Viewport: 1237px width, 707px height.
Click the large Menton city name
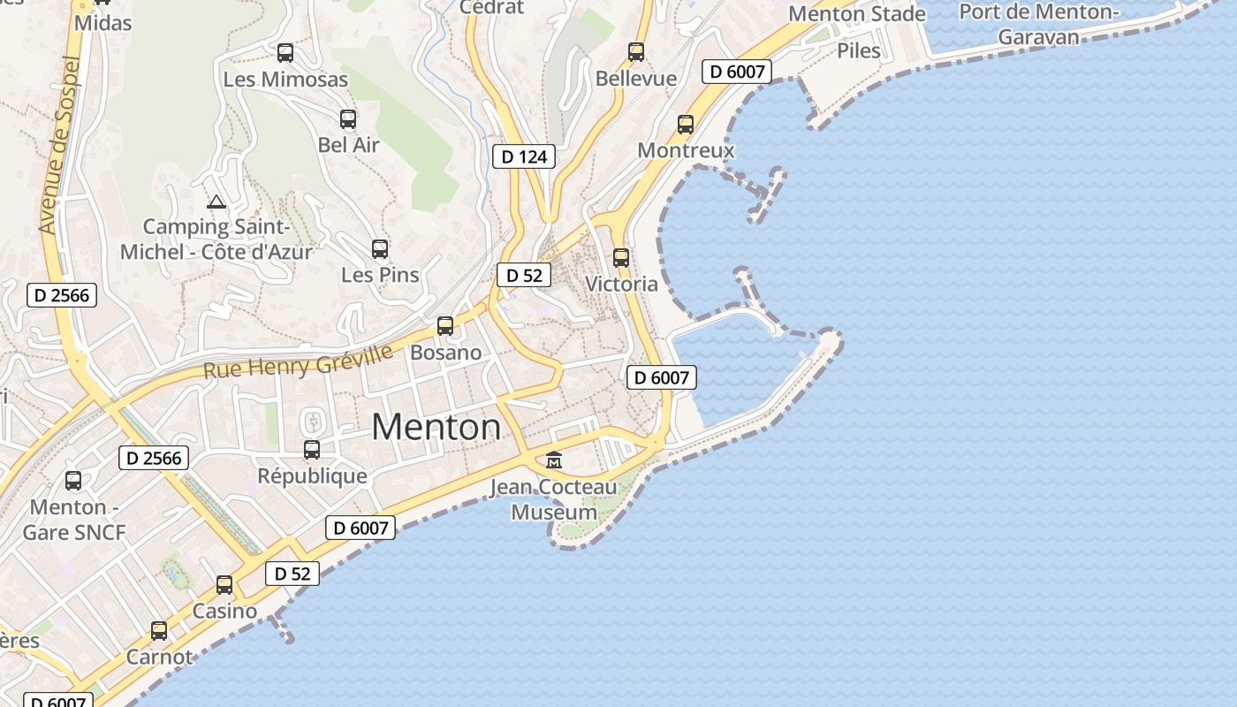click(436, 428)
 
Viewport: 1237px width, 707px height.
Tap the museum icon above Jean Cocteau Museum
click(554, 460)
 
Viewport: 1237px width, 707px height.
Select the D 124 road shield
click(524, 156)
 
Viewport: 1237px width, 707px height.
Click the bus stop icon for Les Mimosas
click(285, 53)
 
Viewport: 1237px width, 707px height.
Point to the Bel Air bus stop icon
click(348, 119)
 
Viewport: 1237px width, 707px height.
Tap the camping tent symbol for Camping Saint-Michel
click(216, 202)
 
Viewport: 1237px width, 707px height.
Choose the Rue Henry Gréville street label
click(298, 361)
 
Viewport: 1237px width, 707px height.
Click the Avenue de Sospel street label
click(60, 146)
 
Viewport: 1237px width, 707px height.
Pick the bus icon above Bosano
click(445, 326)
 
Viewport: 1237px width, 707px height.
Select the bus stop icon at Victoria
click(621, 258)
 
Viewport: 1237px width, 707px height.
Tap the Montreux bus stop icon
click(686, 125)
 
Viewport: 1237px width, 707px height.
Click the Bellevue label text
click(636, 79)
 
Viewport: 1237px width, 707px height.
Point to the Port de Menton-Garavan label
click(1039, 24)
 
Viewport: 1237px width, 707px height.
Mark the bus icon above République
click(312, 450)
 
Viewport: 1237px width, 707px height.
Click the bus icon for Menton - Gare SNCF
click(73, 481)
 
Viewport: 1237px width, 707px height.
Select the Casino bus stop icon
click(224, 585)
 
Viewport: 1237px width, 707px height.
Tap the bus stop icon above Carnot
click(159, 631)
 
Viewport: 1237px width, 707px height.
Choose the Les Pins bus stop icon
click(380, 249)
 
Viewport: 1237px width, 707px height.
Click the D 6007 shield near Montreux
click(737, 72)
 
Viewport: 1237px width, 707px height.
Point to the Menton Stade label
click(856, 14)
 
